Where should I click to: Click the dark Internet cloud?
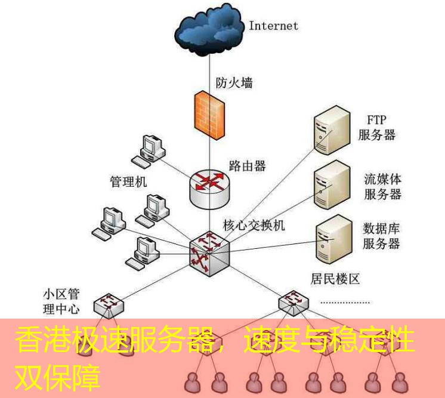(209, 30)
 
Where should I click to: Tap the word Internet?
(273, 26)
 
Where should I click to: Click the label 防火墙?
(234, 82)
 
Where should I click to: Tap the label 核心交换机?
(254, 225)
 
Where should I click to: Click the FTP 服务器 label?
(377, 126)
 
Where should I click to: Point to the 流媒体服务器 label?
(382, 186)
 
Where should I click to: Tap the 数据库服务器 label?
(381, 236)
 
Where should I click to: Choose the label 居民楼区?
(335, 279)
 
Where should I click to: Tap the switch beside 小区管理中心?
(109, 304)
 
